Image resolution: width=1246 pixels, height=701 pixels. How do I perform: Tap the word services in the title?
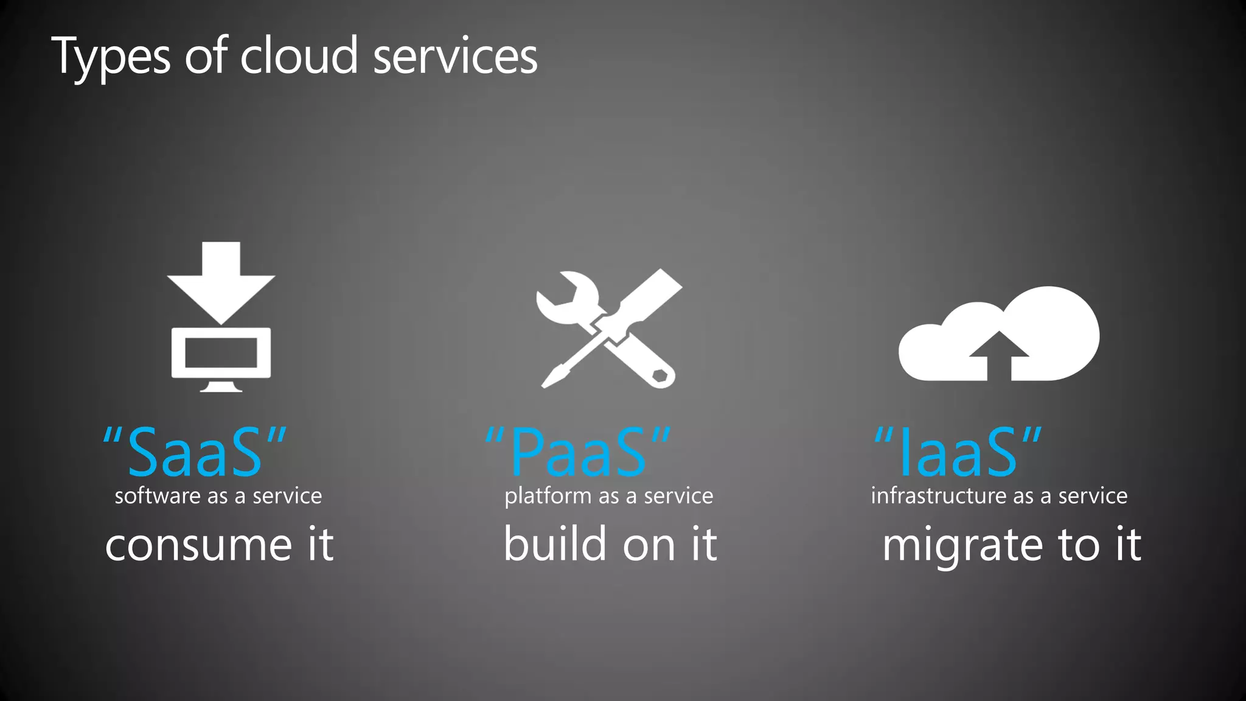[x=455, y=57]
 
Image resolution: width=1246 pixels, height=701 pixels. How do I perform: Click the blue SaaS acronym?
[x=195, y=452]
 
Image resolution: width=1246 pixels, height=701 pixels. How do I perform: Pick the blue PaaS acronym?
[x=578, y=452]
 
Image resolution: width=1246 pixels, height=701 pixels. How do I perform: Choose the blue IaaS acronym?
[x=958, y=452]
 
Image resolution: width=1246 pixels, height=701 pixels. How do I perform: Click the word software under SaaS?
[x=158, y=496]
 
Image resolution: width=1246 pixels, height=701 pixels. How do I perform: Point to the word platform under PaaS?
[x=547, y=497]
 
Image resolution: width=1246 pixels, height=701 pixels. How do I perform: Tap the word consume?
[x=198, y=545]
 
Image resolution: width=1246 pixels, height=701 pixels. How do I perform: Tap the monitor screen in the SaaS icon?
[x=221, y=354]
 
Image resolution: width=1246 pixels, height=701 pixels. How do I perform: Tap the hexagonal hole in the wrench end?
[x=660, y=375]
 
